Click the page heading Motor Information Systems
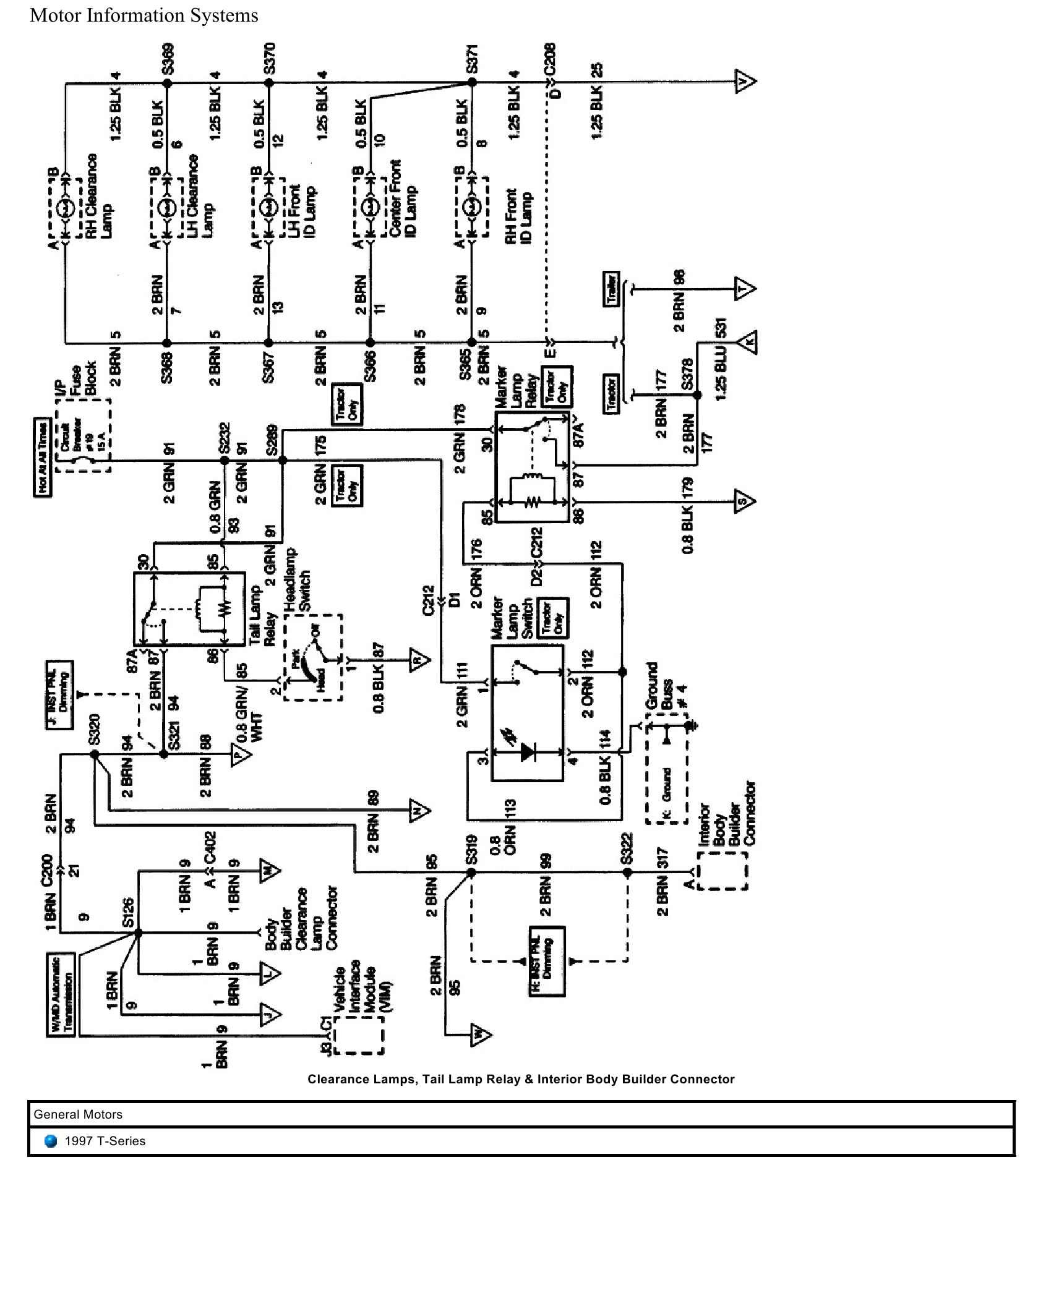pos(144,15)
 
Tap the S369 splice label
pos(167,59)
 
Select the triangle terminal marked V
pos(745,82)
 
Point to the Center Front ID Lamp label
pos(402,198)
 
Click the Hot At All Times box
pos(42,457)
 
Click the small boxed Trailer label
pos(612,289)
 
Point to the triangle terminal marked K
pos(747,342)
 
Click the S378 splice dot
pos(697,395)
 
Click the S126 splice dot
pos(139,932)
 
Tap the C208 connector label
pos(550,59)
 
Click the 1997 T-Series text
pos(105,1141)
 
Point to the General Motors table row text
pos(78,1114)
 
